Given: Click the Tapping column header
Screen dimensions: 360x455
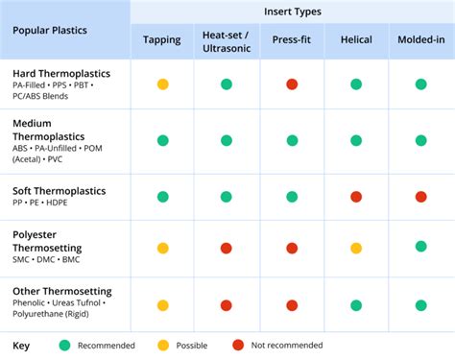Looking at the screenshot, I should [162, 39].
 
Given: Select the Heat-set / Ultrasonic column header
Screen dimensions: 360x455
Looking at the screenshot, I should [227, 41].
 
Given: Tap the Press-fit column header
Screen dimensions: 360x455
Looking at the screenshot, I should [290, 39].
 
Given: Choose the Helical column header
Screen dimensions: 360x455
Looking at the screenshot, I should [355, 39].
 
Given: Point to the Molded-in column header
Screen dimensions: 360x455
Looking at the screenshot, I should [419, 39].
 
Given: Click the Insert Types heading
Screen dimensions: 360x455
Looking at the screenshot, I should [291, 11].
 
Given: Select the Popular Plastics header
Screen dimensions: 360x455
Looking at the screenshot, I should [51, 29].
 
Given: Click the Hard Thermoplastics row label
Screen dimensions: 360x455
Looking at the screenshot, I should [60, 73].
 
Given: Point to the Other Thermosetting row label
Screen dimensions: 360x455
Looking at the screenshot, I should [61, 290].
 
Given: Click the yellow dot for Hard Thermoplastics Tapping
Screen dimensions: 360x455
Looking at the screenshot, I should [162, 84].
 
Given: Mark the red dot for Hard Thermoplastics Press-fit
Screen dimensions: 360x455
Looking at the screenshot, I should [291, 84].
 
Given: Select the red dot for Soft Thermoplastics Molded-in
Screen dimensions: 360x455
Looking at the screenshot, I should [419, 197].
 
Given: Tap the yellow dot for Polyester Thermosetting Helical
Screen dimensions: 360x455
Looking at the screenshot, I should [355, 249].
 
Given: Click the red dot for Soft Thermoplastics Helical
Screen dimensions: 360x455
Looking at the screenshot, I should [355, 197].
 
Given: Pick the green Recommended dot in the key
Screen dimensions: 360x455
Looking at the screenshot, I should [64, 345].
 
